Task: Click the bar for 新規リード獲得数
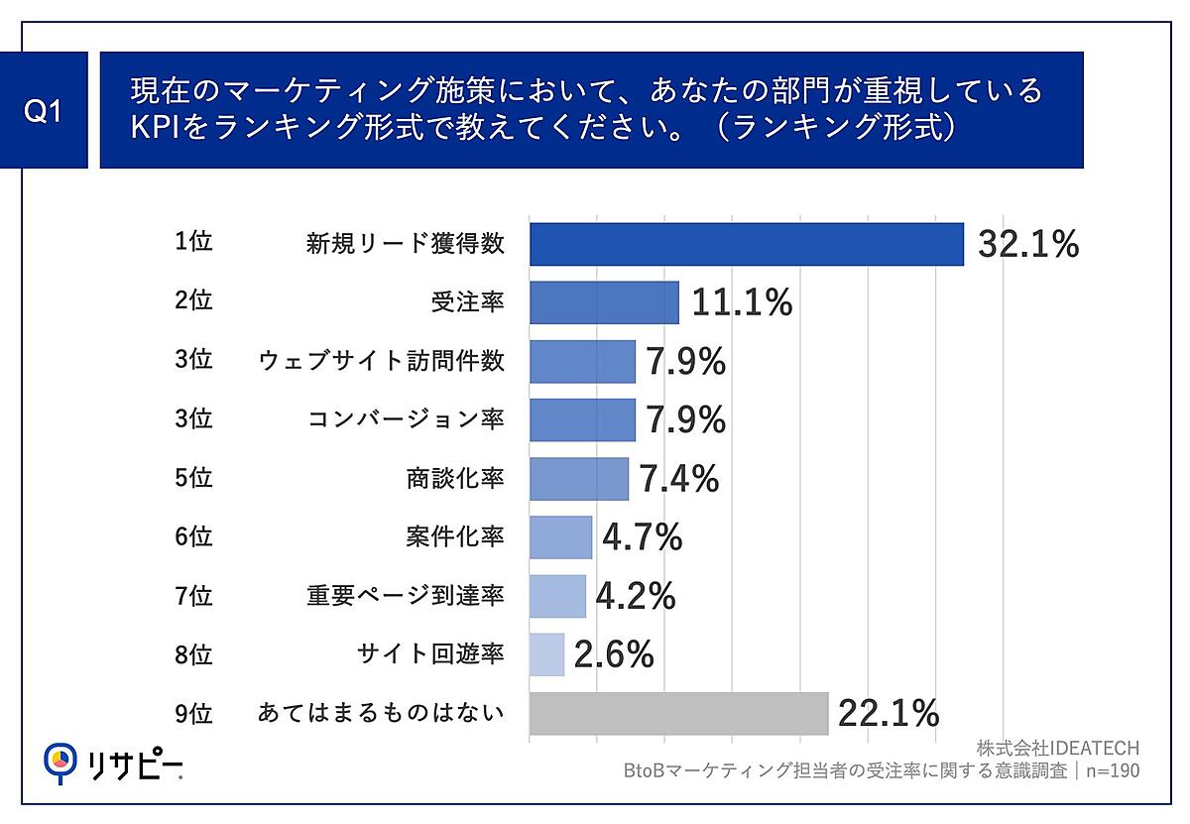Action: click(x=746, y=244)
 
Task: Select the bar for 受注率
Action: click(x=604, y=302)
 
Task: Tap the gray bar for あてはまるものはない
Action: click(x=678, y=713)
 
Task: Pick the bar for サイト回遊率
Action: click(x=546, y=654)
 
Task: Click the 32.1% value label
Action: click(x=1028, y=245)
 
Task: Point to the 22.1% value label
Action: click(x=889, y=713)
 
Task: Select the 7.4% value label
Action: click(x=678, y=479)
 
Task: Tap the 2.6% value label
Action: click(x=614, y=654)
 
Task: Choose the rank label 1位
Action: click(x=193, y=243)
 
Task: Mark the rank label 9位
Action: click(x=193, y=712)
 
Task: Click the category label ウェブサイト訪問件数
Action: click(x=381, y=361)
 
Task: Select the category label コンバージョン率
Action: click(x=406, y=419)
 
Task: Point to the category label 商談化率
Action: click(x=448, y=478)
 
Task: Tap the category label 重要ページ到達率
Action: click(x=406, y=595)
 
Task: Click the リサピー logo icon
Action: click(x=60, y=760)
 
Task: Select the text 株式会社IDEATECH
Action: click(x=1057, y=748)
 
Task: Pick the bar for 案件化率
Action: click(x=560, y=537)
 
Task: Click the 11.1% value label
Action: click(x=742, y=302)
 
